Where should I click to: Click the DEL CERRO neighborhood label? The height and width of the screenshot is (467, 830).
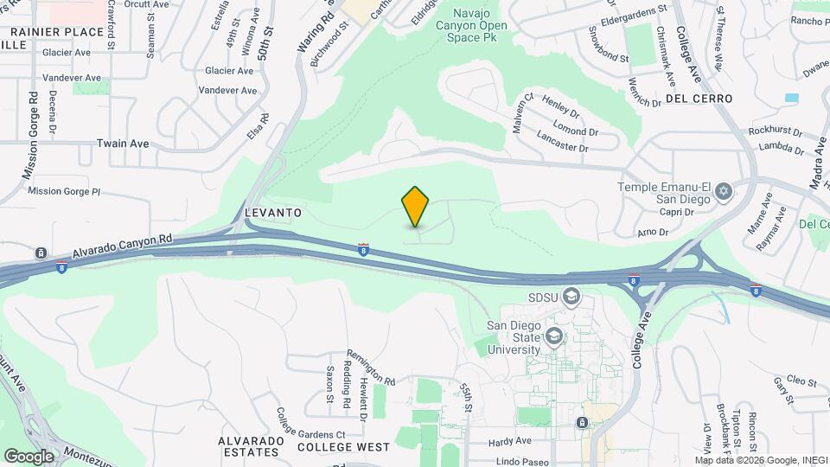coord(699,99)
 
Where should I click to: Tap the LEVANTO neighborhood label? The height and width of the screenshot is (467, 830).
coord(272,212)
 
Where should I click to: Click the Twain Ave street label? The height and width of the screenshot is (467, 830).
coord(123,144)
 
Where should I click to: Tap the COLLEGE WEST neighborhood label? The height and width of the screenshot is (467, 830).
coord(343,447)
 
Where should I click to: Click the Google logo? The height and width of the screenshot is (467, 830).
coord(29,456)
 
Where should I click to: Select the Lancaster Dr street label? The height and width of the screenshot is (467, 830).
coord(561,142)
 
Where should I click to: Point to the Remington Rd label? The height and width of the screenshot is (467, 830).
coord(371,368)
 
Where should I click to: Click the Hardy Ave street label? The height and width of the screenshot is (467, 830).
coord(509,442)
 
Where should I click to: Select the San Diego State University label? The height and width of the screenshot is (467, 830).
coord(514,337)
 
